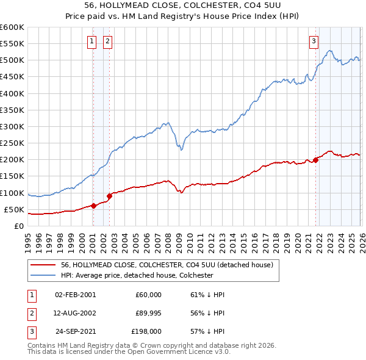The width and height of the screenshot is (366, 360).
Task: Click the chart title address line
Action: point(183,6)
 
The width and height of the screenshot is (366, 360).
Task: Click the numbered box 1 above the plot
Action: point(92,41)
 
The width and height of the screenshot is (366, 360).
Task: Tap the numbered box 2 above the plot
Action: point(108,41)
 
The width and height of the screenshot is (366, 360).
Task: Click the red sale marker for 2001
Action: point(93,206)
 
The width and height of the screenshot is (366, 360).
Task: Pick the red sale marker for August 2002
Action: point(110,196)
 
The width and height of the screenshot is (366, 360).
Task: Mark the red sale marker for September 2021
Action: point(316,160)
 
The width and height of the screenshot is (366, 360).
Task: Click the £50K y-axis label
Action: point(14,209)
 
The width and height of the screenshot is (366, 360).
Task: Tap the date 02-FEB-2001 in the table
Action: point(75,294)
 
